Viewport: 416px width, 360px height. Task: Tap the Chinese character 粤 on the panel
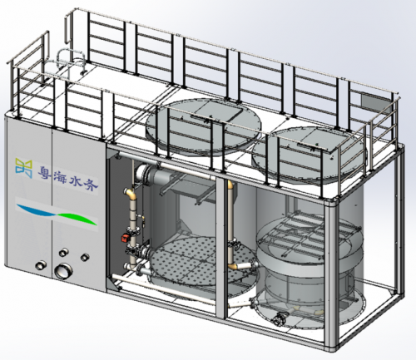coord(45,172)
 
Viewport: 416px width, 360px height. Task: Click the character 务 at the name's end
coord(91,183)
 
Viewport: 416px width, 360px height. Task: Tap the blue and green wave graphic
coord(57,214)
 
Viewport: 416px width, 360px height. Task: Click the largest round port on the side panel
coord(63,271)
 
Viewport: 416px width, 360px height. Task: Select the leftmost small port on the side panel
coord(41,265)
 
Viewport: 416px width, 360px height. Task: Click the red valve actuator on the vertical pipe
coord(125,238)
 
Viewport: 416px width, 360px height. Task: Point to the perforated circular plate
coord(202,261)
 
